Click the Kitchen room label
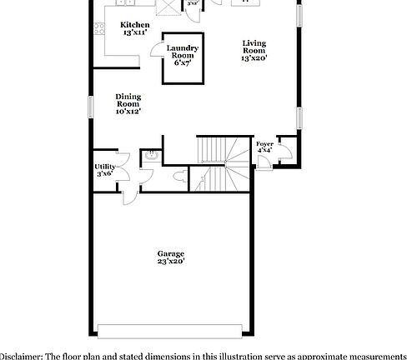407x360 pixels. [x=135, y=25]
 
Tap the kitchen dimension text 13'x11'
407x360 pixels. [x=135, y=33]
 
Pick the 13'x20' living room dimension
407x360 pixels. [x=254, y=57]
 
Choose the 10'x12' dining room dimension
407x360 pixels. [x=128, y=110]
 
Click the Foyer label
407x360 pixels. [x=264, y=145]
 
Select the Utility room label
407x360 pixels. [x=104, y=167]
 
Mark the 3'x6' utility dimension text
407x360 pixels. [x=104, y=174]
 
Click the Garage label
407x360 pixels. [x=171, y=253]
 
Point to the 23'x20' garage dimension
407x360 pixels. [x=171, y=262]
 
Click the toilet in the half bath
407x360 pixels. [x=178, y=177]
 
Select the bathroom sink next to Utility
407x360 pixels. [x=153, y=156]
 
